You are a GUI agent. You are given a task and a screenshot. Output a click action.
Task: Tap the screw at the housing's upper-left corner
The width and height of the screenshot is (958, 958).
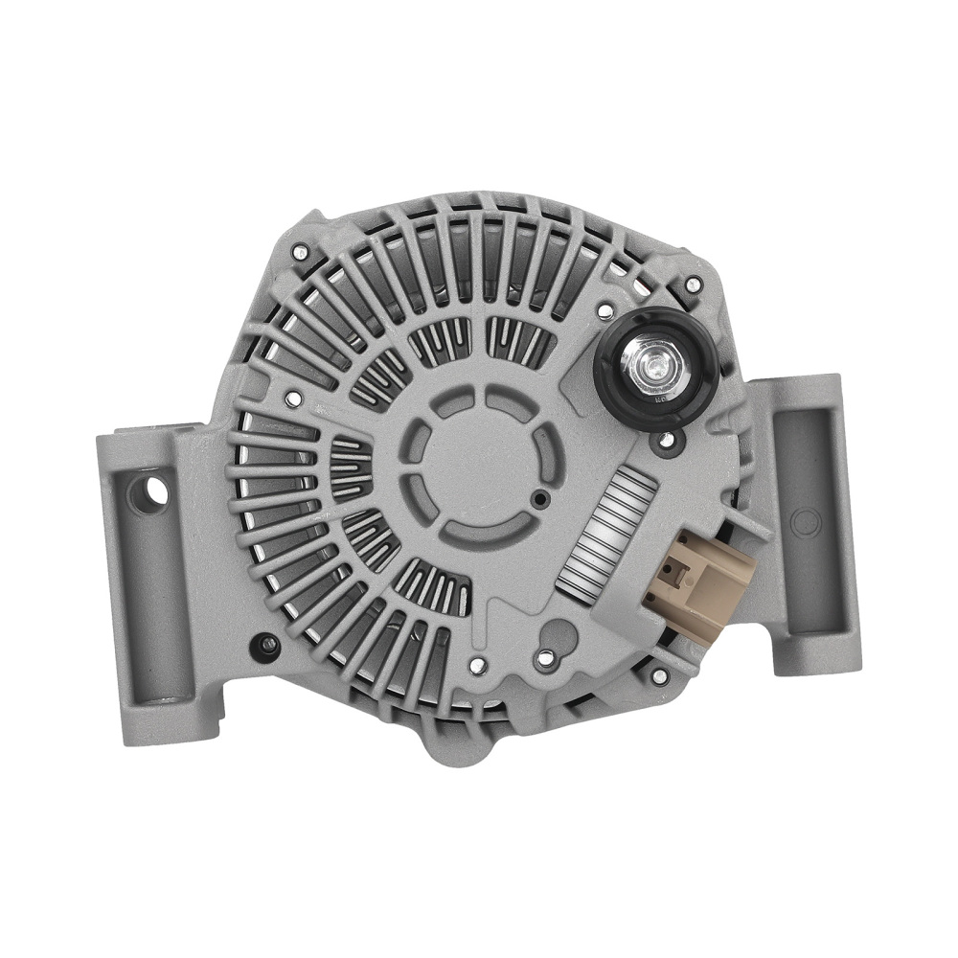(x=300, y=253)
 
